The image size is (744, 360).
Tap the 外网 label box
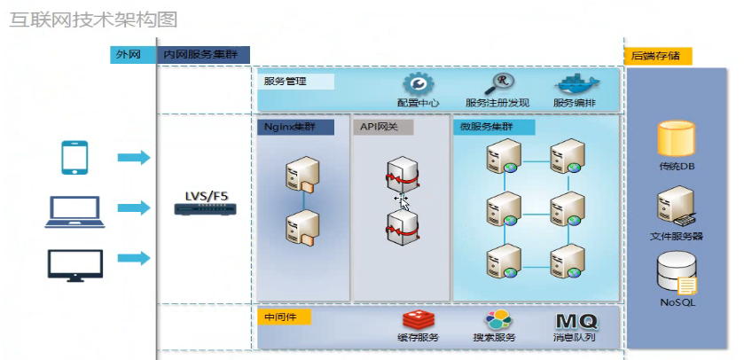click(129, 54)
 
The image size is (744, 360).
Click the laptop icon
click(74, 209)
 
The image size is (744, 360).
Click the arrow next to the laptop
click(134, 207)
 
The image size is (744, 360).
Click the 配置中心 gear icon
click(418, 84)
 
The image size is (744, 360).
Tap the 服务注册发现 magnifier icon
click(503, 84)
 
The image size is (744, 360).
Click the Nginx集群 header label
click(295, 127)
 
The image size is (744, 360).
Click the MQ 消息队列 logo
click(576, 320)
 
